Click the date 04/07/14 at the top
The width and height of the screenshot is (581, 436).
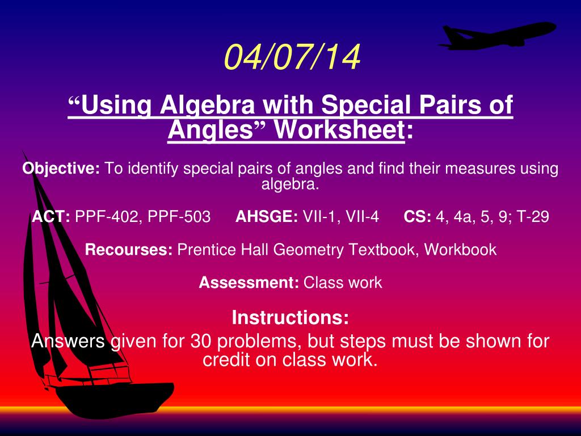292,57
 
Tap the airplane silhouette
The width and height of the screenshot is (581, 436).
496,36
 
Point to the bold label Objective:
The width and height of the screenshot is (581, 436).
61,169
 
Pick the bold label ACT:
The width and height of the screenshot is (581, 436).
50,216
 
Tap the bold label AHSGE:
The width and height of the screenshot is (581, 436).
267,216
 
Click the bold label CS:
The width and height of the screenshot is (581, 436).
417,216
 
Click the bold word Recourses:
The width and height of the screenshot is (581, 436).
129,250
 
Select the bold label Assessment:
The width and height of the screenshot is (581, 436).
249,283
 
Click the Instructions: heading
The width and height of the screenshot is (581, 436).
290,318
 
